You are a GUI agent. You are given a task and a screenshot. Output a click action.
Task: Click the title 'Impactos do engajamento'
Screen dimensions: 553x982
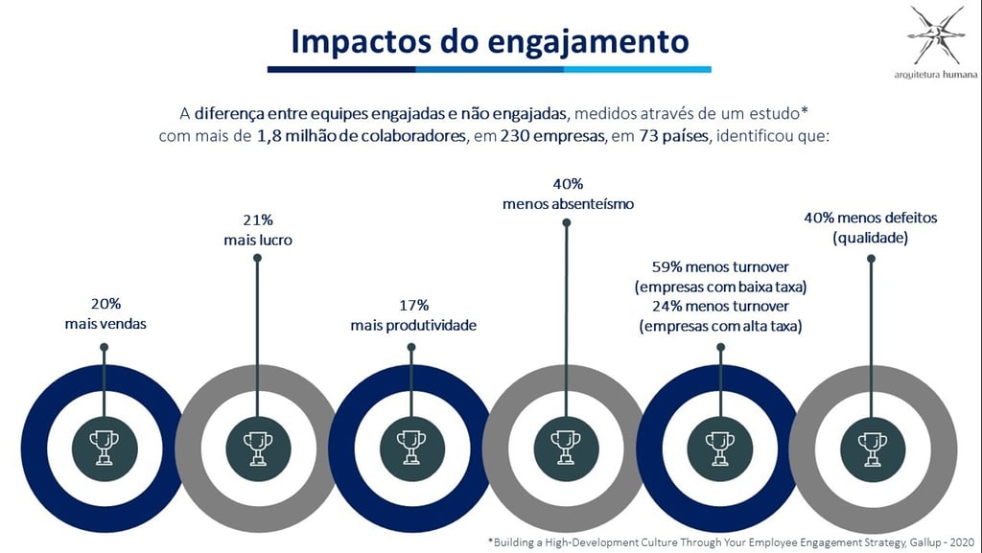point(489,41)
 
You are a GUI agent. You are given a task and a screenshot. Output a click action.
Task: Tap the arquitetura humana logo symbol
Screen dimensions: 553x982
point(936,35)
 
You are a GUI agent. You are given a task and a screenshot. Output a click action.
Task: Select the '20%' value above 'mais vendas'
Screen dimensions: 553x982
point(105,304)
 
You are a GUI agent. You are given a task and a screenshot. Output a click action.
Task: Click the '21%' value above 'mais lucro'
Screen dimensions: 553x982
point(258,220)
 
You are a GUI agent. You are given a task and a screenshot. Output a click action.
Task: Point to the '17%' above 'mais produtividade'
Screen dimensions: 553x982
point(412,306)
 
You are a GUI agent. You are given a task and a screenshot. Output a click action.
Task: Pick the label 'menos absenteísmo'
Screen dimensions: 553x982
point(568,203)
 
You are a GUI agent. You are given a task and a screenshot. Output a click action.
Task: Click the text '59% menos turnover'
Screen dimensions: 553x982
point(720,267)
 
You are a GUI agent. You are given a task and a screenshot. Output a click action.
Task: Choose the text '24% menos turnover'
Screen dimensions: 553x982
point(720,306)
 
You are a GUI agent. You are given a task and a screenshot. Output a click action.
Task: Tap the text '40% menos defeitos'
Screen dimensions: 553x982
point(870,218)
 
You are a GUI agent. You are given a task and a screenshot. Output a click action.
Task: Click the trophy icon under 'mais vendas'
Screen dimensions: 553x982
point(105,446)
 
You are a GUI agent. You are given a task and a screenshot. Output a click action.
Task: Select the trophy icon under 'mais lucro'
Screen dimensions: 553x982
point(258,446)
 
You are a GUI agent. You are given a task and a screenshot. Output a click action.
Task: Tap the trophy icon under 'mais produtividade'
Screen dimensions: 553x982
point(412,446)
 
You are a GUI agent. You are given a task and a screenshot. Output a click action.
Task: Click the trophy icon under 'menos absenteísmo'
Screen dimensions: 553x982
point(566,446)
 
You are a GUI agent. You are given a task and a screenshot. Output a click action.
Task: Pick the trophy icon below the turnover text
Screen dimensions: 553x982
point(719,446)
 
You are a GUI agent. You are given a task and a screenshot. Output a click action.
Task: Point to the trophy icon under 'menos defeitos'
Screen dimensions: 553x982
point(871,446)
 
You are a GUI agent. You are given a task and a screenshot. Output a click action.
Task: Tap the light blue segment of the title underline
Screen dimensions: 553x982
point(637,69)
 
